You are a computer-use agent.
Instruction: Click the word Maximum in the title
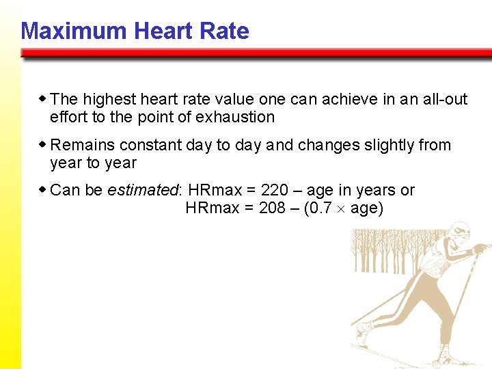[73, 31]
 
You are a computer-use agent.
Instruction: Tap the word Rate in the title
[225, 31]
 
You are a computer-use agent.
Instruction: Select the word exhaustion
[235, 117]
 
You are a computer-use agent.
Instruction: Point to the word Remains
[82, 145]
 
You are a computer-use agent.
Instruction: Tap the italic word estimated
[142, 190]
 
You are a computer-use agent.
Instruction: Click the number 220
[275, 190]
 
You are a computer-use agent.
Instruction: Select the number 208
[272, 208]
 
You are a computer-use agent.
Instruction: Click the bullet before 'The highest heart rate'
[43, 99]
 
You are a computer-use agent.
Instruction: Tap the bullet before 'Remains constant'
[43, 145]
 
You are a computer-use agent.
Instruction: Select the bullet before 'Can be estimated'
[43, 190]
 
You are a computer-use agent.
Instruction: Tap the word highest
[106, 99]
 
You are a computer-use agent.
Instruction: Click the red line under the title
[256, 53]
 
